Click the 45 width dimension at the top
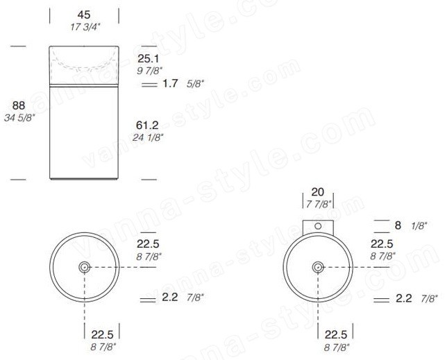[84, 15]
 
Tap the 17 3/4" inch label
[85, 27]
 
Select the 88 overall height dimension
[19, 105]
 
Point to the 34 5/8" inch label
[19, 118]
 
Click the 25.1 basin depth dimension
[148, 59]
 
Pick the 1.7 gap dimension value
[170, 83]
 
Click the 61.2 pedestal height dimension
[147, 125]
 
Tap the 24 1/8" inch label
[148, 138]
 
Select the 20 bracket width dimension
[317, 192]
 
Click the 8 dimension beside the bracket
[398, 225]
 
